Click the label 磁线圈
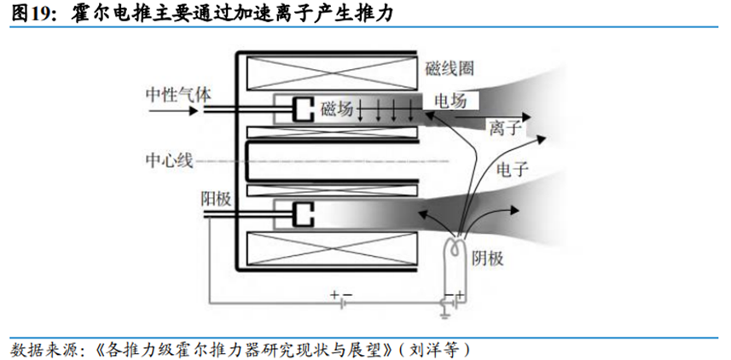(449, 67)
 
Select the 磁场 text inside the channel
(337, 108)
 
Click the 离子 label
(505, 128)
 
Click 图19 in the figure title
(32, 12)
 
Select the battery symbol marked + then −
(342, 299)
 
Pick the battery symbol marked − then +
(452, 299)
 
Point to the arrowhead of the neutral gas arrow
(203, 108)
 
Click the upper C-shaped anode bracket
(302, 109)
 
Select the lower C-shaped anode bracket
(302, 213)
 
